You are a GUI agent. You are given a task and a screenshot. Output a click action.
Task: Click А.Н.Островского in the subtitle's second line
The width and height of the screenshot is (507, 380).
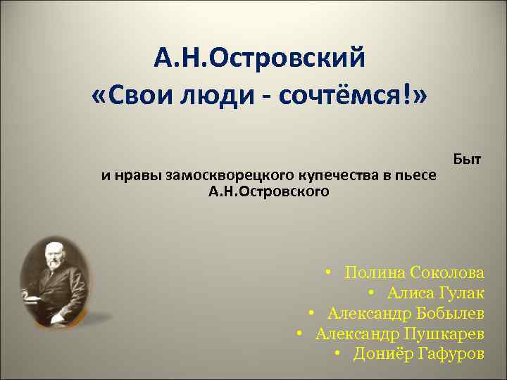click(x=268, y=191)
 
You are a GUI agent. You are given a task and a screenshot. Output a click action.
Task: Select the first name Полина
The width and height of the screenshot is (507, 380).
click(x=373, y=272)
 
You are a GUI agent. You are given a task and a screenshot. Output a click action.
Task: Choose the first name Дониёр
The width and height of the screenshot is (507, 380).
click(x=380, y=353)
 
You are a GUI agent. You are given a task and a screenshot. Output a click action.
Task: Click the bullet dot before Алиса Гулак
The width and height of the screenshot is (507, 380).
click(x=370, y=293)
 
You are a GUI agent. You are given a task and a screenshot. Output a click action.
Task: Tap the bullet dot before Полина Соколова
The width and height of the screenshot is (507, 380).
click(x=329, y=272)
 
